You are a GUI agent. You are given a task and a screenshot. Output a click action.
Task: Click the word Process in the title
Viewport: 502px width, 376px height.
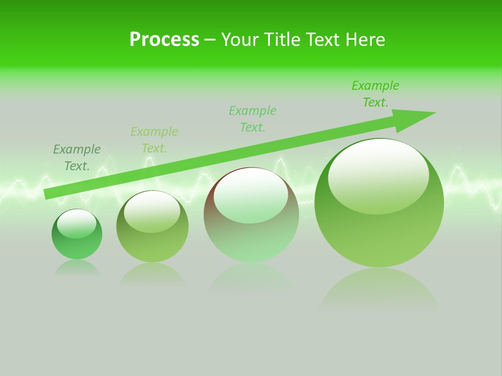(164, 40)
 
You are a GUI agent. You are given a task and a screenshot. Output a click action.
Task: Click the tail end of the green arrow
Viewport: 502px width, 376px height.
(48, 194)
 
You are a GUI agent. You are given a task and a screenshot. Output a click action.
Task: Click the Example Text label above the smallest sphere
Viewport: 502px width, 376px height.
(77, 158)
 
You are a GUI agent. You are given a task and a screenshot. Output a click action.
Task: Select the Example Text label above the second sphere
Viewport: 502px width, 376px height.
(154, 140)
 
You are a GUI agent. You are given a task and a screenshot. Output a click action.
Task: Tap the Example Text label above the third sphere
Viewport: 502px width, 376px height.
(253, 119)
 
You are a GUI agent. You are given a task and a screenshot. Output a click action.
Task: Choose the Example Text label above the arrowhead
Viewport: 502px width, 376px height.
(375, 94)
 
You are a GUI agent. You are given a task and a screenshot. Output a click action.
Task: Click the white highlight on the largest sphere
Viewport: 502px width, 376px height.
(378, 175)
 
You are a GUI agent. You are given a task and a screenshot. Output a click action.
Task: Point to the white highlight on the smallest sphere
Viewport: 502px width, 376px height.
(76, 224)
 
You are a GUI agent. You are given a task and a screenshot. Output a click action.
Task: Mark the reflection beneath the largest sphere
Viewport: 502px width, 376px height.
(379, 290)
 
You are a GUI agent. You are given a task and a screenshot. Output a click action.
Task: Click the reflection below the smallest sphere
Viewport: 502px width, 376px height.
(77, 268)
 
